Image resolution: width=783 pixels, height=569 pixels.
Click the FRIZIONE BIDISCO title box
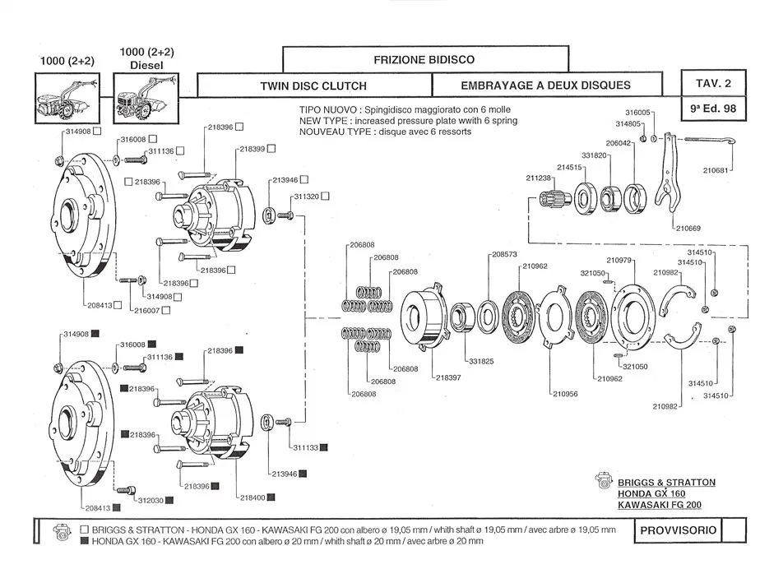[x=424, y=59]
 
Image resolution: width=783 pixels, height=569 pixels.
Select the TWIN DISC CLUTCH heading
[x=313, y=86]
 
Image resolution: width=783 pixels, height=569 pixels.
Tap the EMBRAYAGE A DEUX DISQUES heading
[x=546, y=86]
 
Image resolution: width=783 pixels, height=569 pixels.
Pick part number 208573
[x=504, y=254]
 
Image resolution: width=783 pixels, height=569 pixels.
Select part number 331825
[x=480, y=360]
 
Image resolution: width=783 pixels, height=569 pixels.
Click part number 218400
[x=252, y=497]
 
